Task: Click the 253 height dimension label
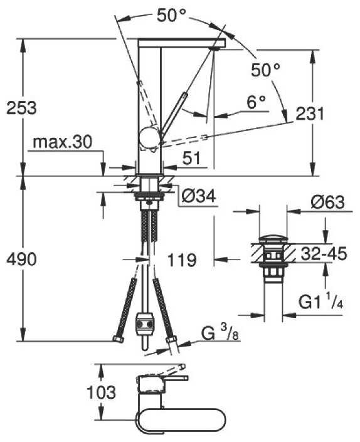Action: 21,108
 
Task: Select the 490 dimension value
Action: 21,259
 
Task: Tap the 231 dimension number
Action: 310,113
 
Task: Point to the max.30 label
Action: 62,142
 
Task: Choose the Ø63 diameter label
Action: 328,202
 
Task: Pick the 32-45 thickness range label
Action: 324,253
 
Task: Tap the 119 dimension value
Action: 182,260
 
